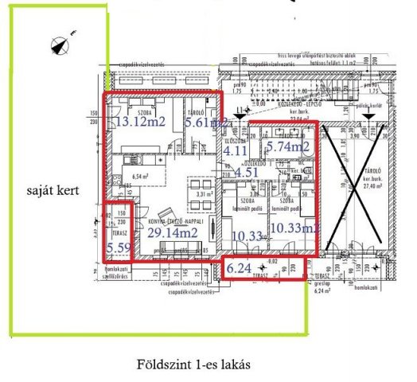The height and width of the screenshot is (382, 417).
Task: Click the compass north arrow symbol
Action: click(x=58, y=45)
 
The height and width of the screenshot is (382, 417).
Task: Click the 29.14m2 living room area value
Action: click(x=173, y=232)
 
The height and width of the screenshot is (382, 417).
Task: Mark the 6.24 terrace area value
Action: click(x=238, y=269)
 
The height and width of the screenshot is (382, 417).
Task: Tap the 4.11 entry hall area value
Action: click(x=235, y=149)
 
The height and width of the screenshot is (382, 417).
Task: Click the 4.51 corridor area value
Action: click(x=245, y=170)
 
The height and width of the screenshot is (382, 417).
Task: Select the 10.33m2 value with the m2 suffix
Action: click(x=294, y=228)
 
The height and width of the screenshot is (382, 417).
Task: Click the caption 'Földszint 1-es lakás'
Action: click(x=194, y=364)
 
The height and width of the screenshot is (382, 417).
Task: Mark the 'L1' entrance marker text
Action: click(x=241, y=110)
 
